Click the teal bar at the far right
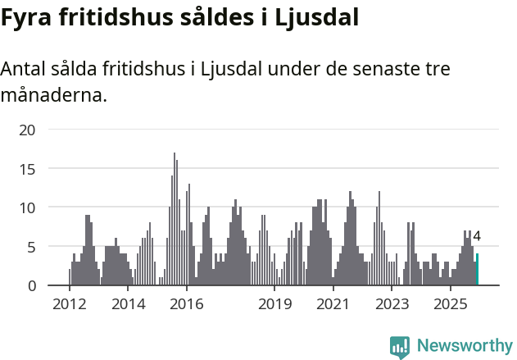[478, 270]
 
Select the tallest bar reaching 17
[174, 219]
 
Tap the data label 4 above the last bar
[477, 237]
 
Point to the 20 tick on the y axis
[27, 130]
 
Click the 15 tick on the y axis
[27, 169]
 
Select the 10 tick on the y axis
[27, 207]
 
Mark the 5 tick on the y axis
[30, 247]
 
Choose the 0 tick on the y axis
[30, 285]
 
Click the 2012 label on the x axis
[69, 305]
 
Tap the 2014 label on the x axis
[128, 305]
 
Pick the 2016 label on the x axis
[187, 305]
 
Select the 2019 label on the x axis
[274, 305]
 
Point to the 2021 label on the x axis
[333, 305]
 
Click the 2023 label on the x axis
[392, 305]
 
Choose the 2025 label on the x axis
[451, 305]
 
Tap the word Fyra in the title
[26, 19]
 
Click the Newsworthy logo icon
[400, 347]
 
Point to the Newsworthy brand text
[465, 346]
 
